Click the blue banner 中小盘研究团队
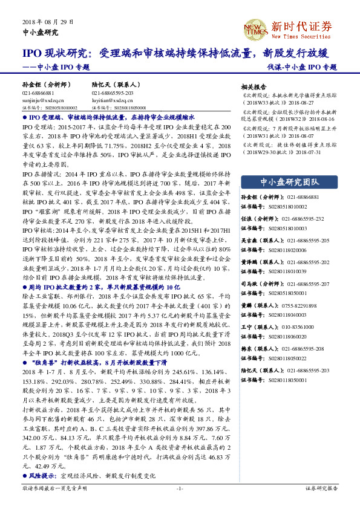[289, 182]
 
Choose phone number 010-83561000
[298, 327]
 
